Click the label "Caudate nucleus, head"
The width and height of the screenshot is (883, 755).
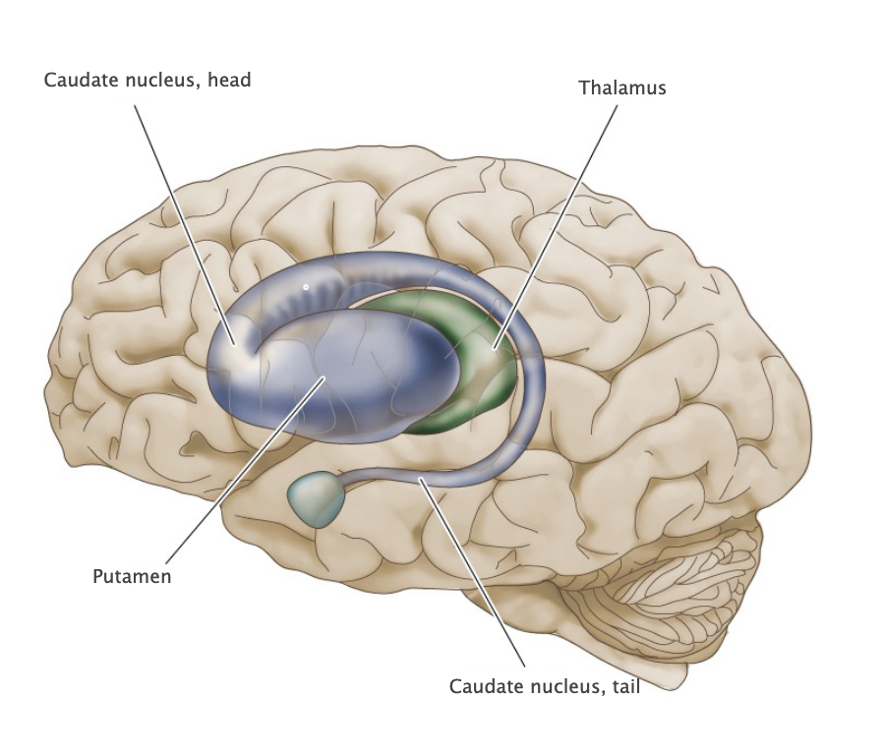[x=147, y=80]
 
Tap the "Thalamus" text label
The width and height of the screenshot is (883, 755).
[x=621, y=87]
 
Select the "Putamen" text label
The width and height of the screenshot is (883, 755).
[x=132, y=577]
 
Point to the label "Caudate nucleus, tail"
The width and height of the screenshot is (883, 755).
[x=544, y=686]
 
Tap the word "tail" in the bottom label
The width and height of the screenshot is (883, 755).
[x=624, y=686]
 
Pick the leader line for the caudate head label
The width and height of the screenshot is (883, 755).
[x=182, y=216]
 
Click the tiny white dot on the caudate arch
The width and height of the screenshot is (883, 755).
[x=306, y=287]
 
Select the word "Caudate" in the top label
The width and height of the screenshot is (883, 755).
[x=77, y=80]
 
